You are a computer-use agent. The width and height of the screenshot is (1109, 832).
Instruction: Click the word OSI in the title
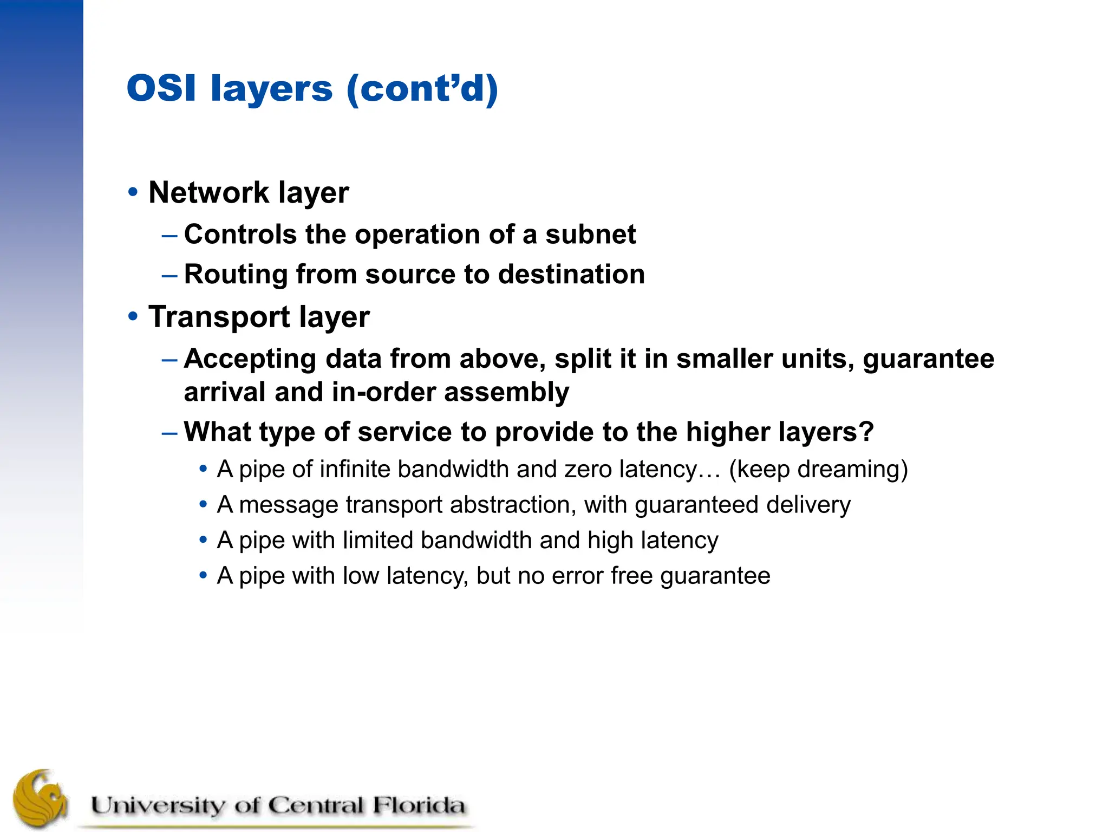(161, 88)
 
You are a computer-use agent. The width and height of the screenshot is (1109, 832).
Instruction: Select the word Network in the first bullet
(208, 193)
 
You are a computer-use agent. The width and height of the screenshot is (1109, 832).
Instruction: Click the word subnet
(590, 235)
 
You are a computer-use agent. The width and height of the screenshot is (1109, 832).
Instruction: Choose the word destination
(571, 274)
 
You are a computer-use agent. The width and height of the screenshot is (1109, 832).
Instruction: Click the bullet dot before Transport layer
(133, 316)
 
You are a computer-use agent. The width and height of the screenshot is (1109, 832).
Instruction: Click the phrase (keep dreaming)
(818, 470)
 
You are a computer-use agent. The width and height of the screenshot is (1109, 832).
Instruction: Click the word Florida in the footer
(418, 805)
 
